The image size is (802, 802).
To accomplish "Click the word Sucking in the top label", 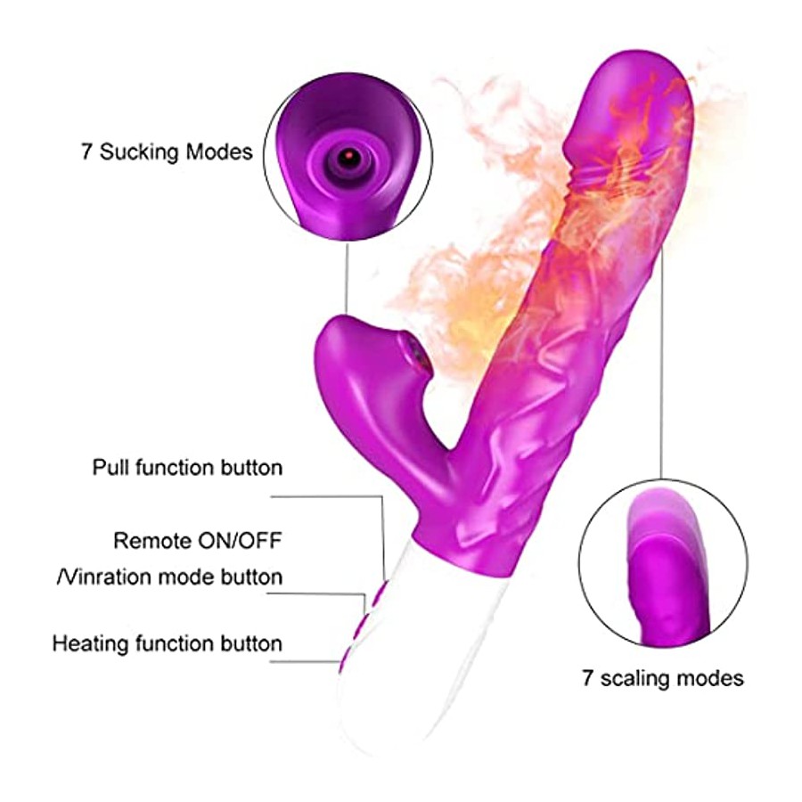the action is click(139, 152).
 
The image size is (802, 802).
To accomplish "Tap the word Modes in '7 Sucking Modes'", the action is click(219, 151).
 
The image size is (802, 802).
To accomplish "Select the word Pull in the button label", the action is click(108, 468).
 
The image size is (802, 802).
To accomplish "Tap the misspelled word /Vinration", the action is click(104, 577).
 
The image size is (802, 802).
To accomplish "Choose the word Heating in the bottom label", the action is click(92, 642).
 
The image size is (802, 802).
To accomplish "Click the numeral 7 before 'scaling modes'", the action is click(588, 678).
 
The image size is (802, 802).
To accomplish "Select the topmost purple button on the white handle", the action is click(380, 595).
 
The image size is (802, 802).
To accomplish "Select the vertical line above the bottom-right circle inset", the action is click(662, 362).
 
